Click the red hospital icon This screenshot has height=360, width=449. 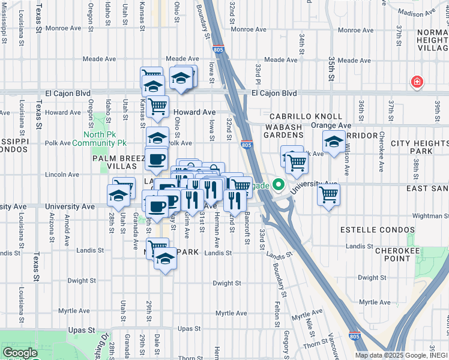(416, 82)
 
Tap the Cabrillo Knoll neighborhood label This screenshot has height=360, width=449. (306, 116)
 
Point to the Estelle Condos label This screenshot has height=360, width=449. (367, 230)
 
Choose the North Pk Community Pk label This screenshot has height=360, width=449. (100, 139)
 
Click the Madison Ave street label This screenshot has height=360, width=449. (419, 13)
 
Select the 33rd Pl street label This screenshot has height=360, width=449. (257, 74)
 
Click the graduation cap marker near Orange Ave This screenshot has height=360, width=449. (333, 142)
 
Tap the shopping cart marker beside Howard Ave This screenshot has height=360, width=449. (157, 107)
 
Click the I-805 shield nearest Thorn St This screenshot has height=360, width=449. (355, 337)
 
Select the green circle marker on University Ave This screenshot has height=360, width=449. (278, 185)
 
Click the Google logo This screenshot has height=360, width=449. (20, 353)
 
